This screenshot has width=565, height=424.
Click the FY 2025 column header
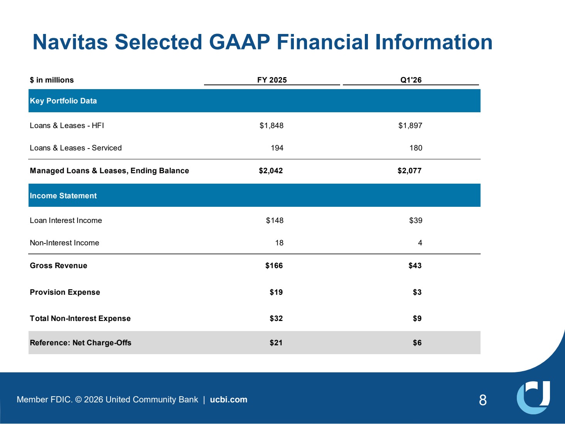[x=272, y=80]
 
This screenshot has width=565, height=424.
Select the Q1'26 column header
[x=411, y=80]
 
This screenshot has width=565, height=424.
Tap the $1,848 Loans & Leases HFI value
[x=271, y=126]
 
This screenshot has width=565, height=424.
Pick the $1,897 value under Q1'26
[x=410, y=126]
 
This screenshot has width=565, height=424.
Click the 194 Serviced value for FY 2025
[x=277, y=148]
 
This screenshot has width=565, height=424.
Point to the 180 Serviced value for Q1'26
[x=416, y=148]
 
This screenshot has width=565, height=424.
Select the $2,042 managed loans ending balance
[x=271, y=171]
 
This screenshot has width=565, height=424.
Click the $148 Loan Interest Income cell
[x=275, y=220]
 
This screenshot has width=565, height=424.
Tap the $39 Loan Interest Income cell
[x=416, y=220]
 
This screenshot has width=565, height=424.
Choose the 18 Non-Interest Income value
[x=279, y=243]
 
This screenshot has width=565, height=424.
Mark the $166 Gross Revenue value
[x=274, y=265]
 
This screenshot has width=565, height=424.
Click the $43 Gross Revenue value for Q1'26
[x=415, y=265]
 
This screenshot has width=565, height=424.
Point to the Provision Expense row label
[x=65, y=292]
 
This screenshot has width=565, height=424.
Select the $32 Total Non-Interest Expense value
[x=276, y=318]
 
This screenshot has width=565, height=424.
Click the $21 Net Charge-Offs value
[x=276, y=343]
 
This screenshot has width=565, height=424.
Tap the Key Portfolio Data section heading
[x=63, y=101]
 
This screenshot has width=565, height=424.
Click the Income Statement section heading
[x=63, y=196]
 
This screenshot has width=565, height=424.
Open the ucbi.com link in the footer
[x=229, y=400]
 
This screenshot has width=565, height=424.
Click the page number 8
[x=483, y=400]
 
